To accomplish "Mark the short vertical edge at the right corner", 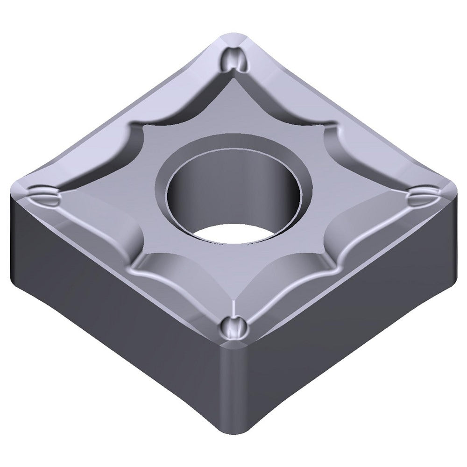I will pos(455,233).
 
